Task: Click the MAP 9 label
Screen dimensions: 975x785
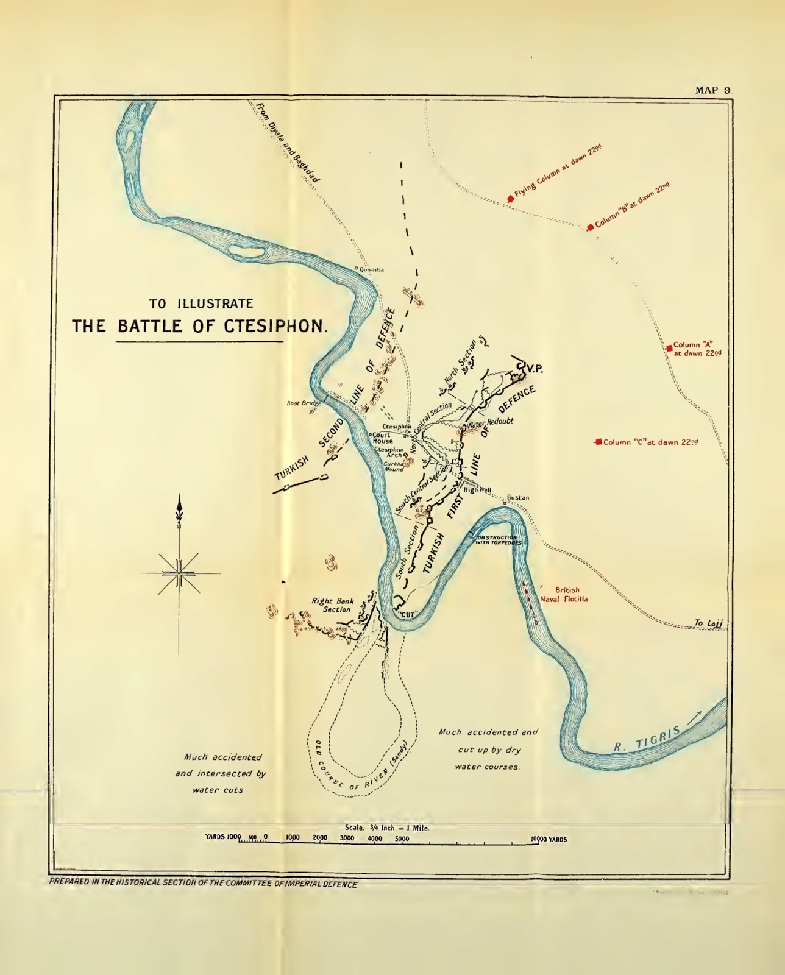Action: (712, 90)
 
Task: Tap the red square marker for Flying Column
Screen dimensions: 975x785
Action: (510, 199)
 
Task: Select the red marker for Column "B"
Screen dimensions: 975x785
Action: (590, 227)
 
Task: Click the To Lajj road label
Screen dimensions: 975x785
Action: (707, 623)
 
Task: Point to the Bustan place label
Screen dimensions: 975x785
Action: (518, 498)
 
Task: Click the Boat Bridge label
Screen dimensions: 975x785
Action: (303, 403)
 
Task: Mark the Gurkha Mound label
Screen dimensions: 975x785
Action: (394, 466)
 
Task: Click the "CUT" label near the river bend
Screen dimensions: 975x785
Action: (408, 614)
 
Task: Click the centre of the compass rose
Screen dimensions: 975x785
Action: (179, 573)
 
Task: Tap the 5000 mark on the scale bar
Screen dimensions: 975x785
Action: (402, 838)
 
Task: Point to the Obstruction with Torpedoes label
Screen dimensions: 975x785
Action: (499, 539)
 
